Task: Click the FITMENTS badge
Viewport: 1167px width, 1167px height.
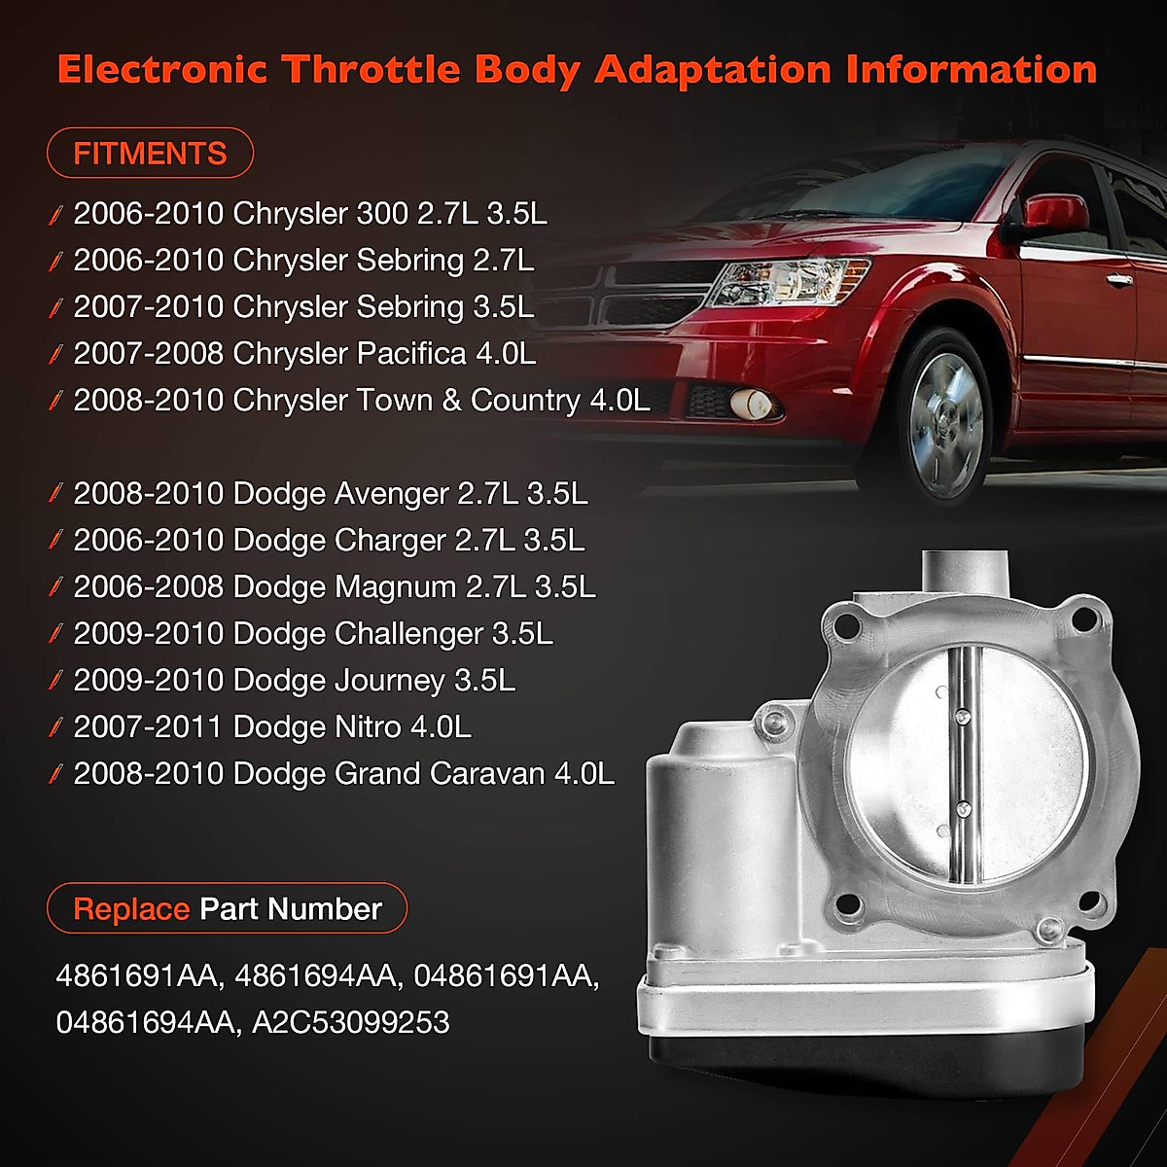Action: pyautogui.click(x=150, y=154)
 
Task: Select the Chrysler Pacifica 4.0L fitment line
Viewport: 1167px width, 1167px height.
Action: pyautogui.click(x=303, y=353)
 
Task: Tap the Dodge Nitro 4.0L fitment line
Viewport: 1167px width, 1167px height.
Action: pyautogui.click(x=271, y=726)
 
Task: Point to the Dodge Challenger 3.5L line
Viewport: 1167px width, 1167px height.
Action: pyautogui.click(x=312, y=633)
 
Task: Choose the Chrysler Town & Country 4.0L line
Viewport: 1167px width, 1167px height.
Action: pyautogui.click(x=361, y=400)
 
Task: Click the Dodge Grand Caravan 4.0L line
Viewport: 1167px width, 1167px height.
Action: pyautogui.click(x=343, y=773)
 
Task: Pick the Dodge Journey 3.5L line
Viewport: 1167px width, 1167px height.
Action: pyautogui.click(x=294, y=680)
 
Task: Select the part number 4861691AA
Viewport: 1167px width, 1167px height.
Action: pyautogui.click(x=137, y=975)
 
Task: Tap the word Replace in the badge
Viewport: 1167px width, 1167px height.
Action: pyautogui.click(x=131, y=908)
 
